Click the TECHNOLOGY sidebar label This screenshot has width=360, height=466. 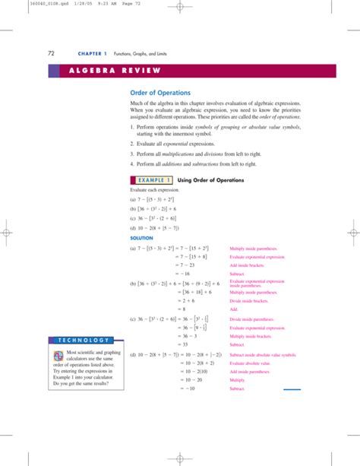coord(81,339)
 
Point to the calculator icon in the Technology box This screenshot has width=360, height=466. coord(58,356)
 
